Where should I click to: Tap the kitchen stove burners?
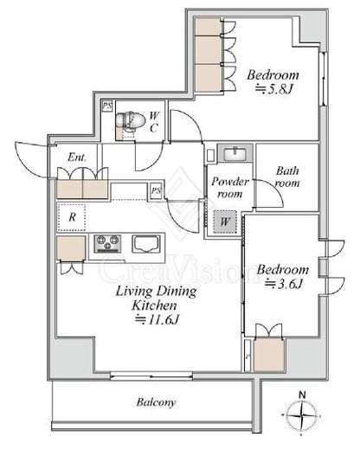pyautogui.click(x=107, y=244)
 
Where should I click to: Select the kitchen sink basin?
pyautogui.click(x=146, y=244)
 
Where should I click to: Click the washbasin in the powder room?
pyautogui.click(x=235, y=153)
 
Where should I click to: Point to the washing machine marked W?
pyautogui.click(x=225, y=222)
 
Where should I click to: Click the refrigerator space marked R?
pyautogui.click(x=72, y=217)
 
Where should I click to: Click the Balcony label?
pyautogui.click(x=156, y=402)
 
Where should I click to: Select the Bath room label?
pyautogui.click(x=287, y=177)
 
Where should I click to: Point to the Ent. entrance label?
pyautogui.click(x=77, y=157)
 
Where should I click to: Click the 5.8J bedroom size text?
pyautogui.click(x=274, y=89)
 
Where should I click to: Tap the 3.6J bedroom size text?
pyautogui.click(x=284, y=284)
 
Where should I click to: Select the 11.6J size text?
pyautogui.click(x=157, y=319)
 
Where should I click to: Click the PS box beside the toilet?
pyautogui.click(x=107, y=106)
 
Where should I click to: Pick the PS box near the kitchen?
pyautogui.click(x=156, y=190)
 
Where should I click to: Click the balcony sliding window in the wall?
pyautogui.click(x=151, y=376)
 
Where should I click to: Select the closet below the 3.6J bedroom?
pyautogui.click(x=269, y=354)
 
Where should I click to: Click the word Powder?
pyautogui.click(x=230, y=182)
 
